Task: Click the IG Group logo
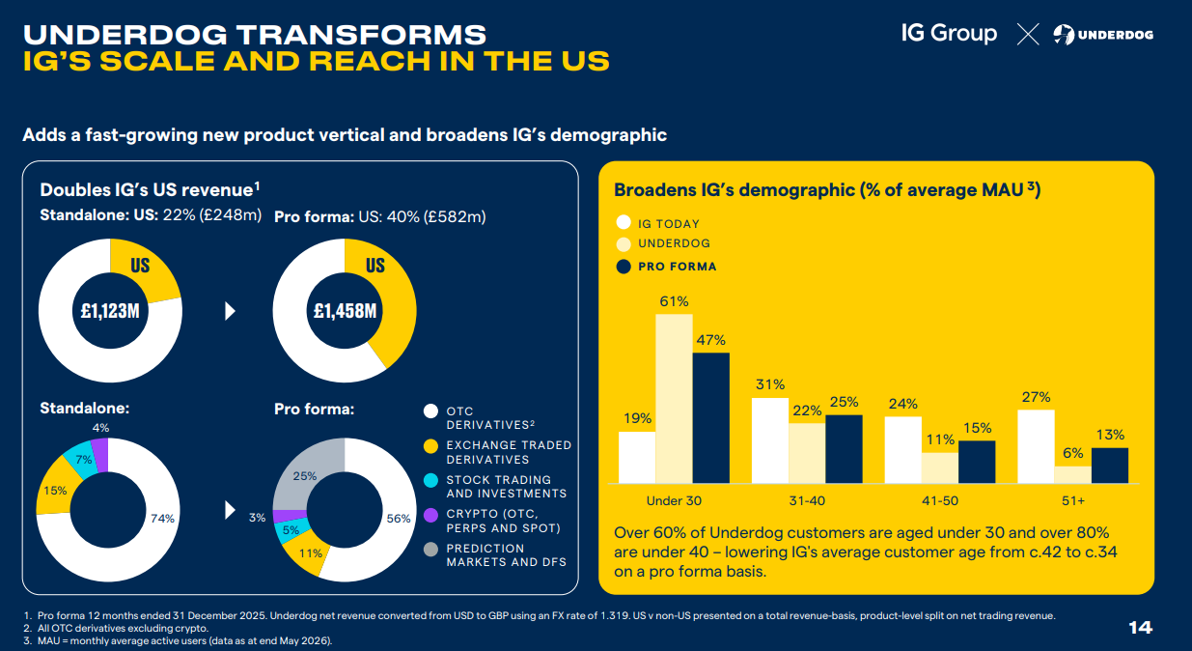[x=949, y=34]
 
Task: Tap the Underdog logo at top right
[x=1103, y=35]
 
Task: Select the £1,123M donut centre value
[x=110, y=311]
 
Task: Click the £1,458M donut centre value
[x=345, y=311]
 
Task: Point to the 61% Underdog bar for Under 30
[x=675, y=399]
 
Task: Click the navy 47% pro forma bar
[x=711, y=417]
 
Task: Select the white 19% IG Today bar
[x=637, y=457]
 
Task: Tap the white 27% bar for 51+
[x=1036, y=446]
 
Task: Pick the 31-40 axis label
[x=807, y=500]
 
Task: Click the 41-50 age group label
[x=940, y=500]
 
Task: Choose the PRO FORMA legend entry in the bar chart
[x=666, y=267]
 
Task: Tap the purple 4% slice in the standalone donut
[x=100, y=455]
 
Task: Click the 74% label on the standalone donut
[x=162, y=519]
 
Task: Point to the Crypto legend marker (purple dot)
[x=430, y=515]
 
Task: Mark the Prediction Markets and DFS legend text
[x=506, y=555]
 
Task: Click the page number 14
[x=1141, y=628]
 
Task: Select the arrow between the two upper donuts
[x=230, y=311]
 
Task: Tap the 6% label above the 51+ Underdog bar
[x=1073, y=453]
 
